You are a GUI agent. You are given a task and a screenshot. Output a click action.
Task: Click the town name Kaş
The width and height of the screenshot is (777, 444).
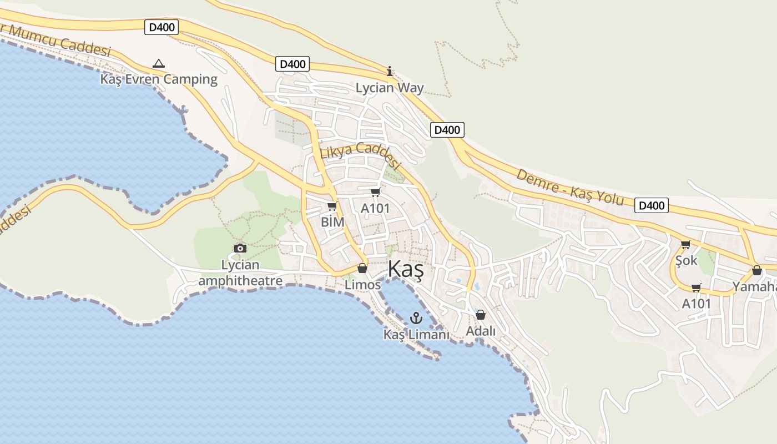pos(406,269)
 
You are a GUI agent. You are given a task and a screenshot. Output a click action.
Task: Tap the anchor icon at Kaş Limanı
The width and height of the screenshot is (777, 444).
pos(416,318)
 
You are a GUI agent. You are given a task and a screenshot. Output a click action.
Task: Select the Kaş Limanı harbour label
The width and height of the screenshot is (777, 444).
pos(416,335)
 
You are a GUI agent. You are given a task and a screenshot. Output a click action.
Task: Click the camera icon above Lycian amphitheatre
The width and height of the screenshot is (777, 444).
pos(240,248)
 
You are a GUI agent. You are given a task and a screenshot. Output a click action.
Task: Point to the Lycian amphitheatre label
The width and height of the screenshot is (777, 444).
pos(240,273)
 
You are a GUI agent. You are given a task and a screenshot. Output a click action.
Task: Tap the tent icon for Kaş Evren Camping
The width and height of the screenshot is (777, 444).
pos(159,64)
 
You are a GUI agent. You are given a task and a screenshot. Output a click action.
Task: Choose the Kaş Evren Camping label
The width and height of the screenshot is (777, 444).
pos(159,79)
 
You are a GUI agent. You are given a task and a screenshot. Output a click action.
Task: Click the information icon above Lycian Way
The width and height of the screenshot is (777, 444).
pos(390,71)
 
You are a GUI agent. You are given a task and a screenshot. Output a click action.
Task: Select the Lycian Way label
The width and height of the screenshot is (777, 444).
pos(390,88)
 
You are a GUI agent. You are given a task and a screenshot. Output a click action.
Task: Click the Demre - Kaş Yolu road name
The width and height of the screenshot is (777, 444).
pos(571,187)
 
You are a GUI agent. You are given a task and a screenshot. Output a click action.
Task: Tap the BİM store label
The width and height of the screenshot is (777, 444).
pos(332,222)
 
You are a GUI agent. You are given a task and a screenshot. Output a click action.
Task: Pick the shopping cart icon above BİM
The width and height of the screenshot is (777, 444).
pos(332,206)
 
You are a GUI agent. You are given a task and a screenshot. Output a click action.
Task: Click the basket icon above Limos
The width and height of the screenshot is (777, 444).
pos(362,269)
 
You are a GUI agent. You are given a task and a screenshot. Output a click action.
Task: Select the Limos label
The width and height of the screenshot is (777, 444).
pos(363,285)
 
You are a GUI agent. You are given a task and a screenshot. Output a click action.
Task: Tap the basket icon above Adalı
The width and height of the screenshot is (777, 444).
pos(481,315)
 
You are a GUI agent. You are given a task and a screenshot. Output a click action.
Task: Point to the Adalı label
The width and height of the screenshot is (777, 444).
pos(481,331)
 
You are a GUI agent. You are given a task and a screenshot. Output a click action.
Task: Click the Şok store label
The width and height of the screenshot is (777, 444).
pos(687,260)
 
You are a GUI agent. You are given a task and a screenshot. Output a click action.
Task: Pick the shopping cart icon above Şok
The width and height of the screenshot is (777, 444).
pos(686,244)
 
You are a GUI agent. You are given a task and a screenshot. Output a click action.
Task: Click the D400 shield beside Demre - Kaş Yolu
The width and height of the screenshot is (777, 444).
pos(652,205)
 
